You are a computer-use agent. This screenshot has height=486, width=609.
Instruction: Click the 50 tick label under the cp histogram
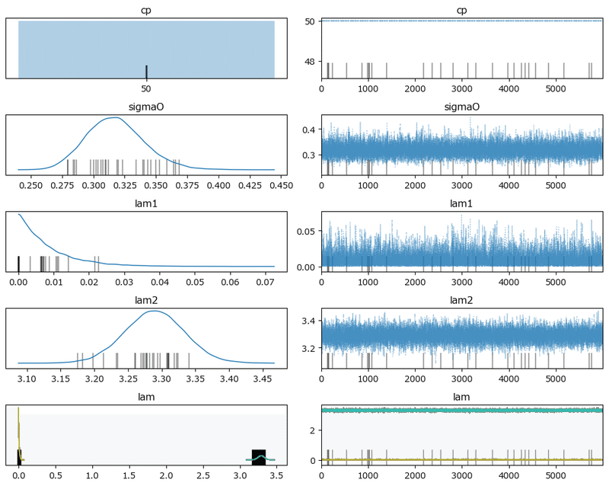click(x=146, y=88)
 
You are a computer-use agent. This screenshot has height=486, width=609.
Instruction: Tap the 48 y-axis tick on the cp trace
click(x=310, y=61)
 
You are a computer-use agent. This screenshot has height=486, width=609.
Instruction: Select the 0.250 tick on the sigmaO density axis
click(x=31, y=185)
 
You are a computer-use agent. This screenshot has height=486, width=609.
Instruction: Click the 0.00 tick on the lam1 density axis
click(x=18, y=282)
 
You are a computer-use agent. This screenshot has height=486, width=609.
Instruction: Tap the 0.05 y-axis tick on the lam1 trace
click(x=307, y=232)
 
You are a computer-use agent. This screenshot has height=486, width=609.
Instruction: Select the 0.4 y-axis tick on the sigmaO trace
click(x=310, y=129)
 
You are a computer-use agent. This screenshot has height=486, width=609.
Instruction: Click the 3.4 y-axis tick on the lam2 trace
click(x=310, y=321)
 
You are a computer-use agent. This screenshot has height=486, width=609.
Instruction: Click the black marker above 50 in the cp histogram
click(x=146, y=72)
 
